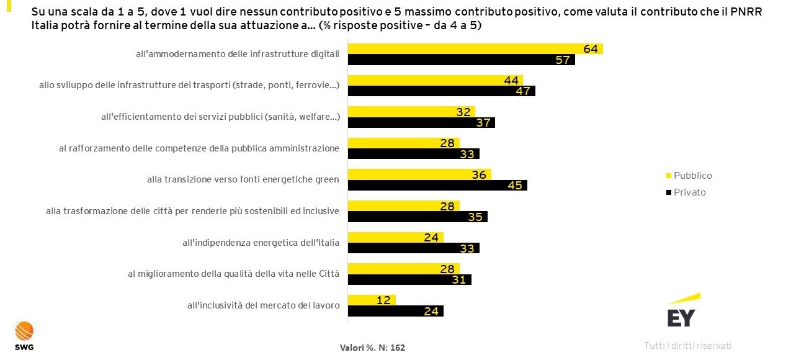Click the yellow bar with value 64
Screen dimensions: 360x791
tap(475, 49)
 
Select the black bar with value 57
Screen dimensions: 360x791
tap(461, 60)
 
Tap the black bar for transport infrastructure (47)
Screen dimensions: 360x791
tap(441, 91)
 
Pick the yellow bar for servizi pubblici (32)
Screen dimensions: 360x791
tap(411, 112)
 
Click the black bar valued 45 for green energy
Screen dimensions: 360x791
tap(437, 185)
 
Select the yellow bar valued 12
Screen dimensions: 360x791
tap(371, 300)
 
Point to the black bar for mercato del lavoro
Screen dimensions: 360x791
tap(395, 311)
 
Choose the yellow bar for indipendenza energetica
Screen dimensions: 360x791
tap(395, 237)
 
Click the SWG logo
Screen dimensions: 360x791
tap(24, 335)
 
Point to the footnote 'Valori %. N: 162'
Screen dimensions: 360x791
tap(372, 348)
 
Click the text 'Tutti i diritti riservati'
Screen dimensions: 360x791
tap(687, 345)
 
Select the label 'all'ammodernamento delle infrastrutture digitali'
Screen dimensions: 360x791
tap(238, 54)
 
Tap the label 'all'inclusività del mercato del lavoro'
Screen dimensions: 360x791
tap(263, 305)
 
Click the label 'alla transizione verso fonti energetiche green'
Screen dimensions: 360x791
tap(243, 179)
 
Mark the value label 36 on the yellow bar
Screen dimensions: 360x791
tap(478, 175)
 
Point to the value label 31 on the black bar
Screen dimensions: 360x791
tap(459, 280)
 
